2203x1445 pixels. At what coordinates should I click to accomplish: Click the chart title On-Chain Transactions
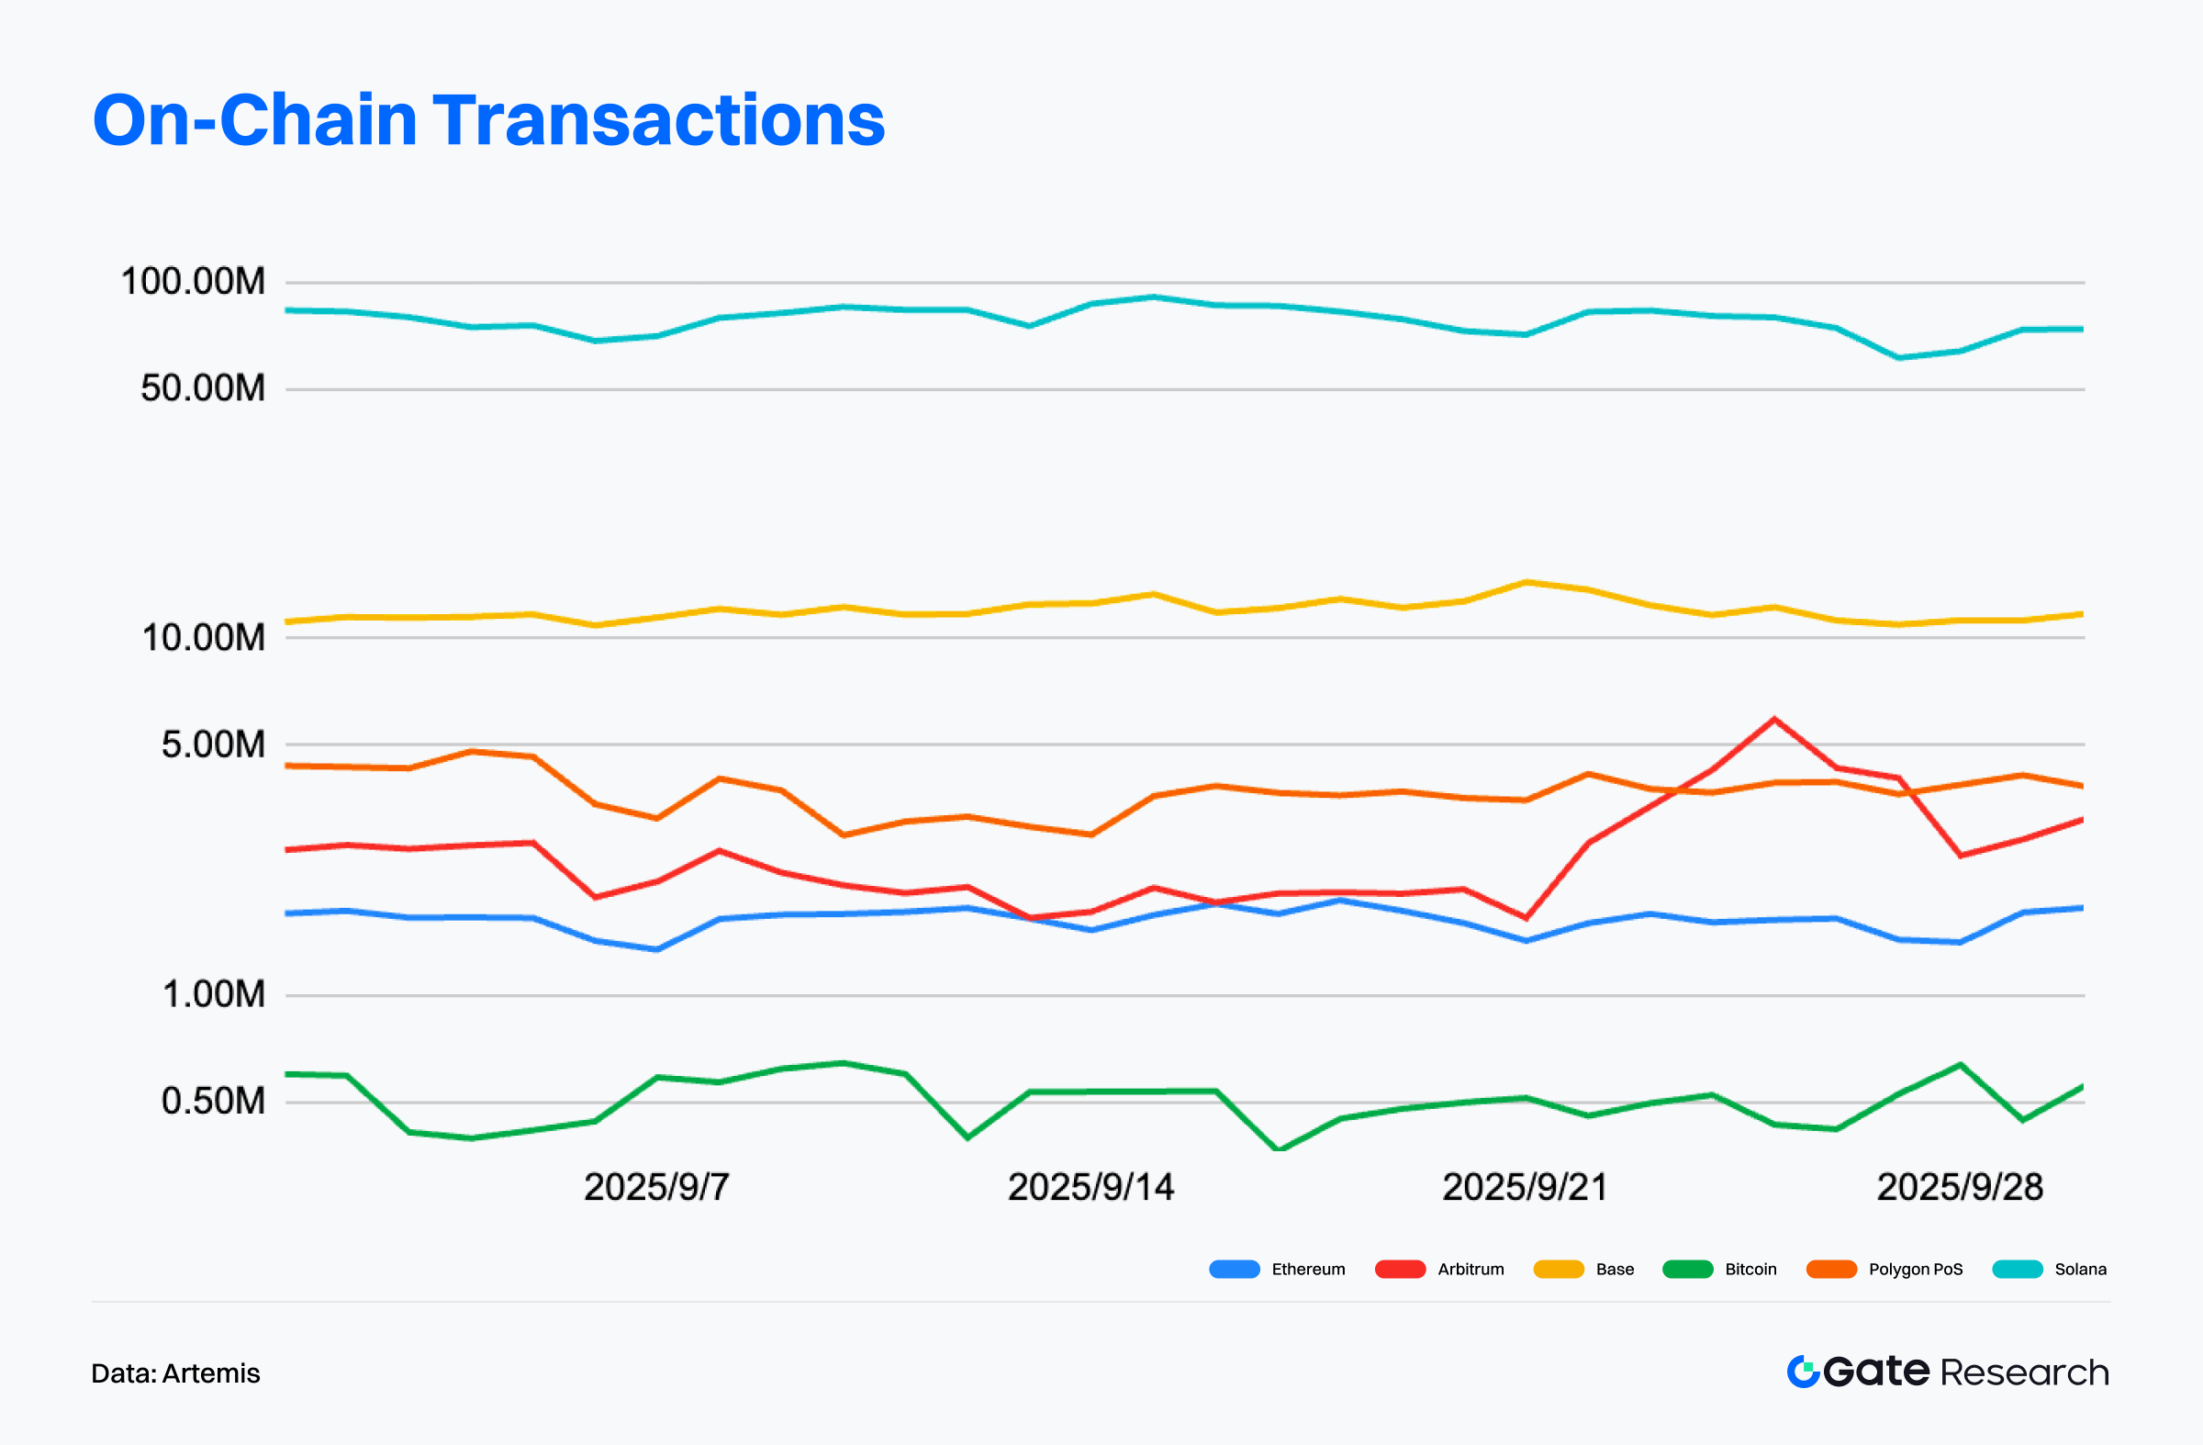488,120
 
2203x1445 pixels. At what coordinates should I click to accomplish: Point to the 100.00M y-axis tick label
193,282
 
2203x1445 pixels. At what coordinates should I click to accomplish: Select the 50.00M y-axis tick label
203,387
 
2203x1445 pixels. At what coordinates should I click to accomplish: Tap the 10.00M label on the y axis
203,637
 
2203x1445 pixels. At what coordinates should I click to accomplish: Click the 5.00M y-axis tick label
213,745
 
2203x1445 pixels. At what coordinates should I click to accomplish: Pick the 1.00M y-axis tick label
214,994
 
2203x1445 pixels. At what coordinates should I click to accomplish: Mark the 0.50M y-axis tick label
213,1101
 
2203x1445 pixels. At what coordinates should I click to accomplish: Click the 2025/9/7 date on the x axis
656,1187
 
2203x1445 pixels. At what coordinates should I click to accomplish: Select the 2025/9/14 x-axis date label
1090,1187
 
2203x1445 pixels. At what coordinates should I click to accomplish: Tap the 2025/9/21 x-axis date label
1525,1187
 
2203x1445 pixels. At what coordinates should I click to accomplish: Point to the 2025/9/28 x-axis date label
1960,1187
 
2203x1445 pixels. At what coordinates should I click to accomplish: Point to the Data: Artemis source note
176,1372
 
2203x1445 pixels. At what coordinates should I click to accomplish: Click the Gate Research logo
1948,1371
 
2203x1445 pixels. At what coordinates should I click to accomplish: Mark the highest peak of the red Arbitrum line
1773,718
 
